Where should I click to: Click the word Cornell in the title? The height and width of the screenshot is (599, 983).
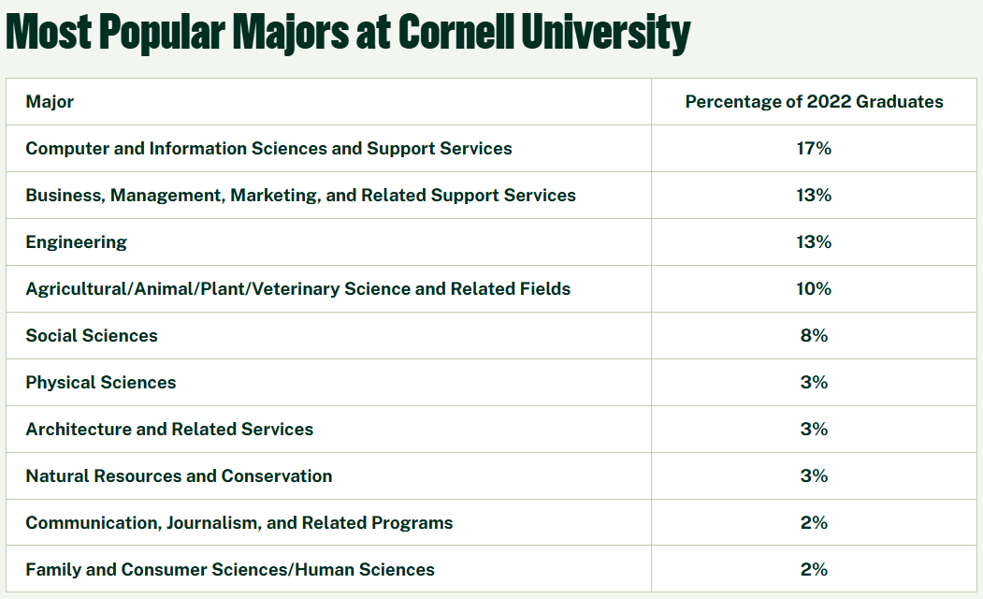tap(455, 33)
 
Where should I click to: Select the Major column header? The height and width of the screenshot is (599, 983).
tap(50, 102)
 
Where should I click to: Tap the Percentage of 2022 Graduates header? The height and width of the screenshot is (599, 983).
tap(814, 102)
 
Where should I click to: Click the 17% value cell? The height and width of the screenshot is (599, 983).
tap(814, 149)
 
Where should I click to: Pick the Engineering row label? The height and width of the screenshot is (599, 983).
tap(77, 242)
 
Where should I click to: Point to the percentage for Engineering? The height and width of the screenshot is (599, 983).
tap(814, 242)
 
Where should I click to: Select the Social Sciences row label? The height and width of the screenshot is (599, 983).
tap(92, 336)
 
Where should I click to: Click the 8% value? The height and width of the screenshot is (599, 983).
tap(814, 336)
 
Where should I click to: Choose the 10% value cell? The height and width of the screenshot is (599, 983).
tap(814, 289)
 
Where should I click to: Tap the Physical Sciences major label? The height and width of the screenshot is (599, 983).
tap(101, 383)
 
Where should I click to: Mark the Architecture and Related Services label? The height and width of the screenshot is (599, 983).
tap(169, 430)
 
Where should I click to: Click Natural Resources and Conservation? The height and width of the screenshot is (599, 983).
tap(179, 476)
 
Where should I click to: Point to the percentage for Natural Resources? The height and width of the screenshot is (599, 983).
tap(814, 476)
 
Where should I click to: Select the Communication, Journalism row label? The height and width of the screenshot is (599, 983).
tap(239, 523)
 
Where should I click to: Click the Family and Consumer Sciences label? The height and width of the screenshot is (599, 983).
tap(230, 570)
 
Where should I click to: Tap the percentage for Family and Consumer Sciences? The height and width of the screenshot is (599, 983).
tap(814, 570)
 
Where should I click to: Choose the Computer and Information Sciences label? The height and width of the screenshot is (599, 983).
tap(268, 149)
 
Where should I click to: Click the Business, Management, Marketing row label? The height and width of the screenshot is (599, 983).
tap(300, 196)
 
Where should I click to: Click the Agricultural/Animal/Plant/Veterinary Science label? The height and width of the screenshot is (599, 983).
tap(297, 289)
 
